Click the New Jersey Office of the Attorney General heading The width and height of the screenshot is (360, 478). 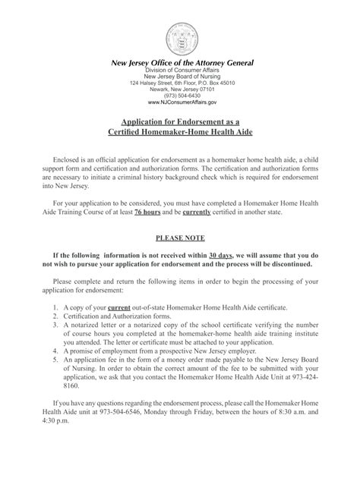pyautogui.click(x=182, y=62)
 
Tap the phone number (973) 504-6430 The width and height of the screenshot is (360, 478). pyautogui.click(x=182, y=95)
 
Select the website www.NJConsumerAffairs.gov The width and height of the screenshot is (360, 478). pyautogui.click(x=182, y=102)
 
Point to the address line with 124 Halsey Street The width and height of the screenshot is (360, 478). pyautogui.click(x=182, y=82)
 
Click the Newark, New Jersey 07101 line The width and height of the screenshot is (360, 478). pyautogui.click(x=182, y=89)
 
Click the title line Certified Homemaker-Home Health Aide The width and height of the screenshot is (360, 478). pyautogui.click(x=182, y=134)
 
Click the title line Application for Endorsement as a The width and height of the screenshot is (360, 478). pyautogui.click(x=182, y=122)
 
